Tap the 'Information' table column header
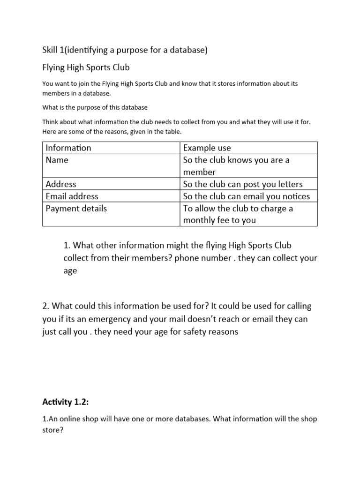tap(68, 148)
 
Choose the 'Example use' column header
tap(207, 148)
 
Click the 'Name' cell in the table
tap(57, 160)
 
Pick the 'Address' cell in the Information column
tap(61, 184)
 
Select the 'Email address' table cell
tap(72, 196)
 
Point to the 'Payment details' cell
tap(76, 209)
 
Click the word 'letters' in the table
tap(290, 184)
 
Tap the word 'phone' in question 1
tap(187, 258)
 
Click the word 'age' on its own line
tap(70, 271)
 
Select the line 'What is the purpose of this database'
tap(95, 107)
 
